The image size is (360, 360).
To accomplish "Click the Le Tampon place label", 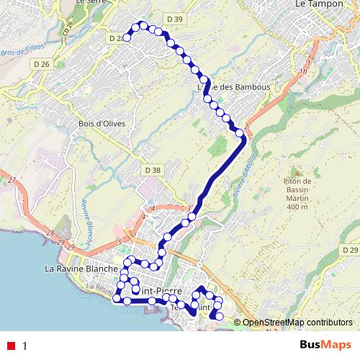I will click(319, 4).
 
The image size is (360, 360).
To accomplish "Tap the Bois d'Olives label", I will click(102, 123).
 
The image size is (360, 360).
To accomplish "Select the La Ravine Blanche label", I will click(81, 269).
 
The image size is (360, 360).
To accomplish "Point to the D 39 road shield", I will click(174, 18).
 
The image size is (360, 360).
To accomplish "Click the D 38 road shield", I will click(153, 170).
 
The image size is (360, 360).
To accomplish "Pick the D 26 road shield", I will click(41, 65).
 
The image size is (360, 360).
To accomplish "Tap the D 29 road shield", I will click(349, 249).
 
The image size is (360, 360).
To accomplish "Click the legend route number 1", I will click(25, 346).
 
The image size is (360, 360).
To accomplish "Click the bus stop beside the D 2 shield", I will click(127, 37).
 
